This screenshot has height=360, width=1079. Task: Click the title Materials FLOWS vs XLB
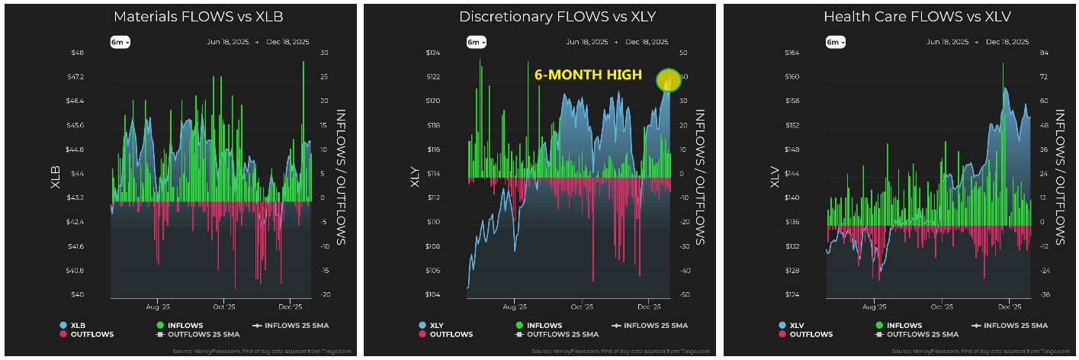pos(198,17)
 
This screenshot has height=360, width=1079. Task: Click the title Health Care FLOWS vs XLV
pos(917,17)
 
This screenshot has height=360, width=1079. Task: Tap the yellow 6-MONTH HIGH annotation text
pos(588,76)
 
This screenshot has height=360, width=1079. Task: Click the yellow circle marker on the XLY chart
pos(670,80)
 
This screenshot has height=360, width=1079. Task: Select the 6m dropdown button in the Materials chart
pos(120,43)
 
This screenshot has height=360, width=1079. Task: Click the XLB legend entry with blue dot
pos(73,326)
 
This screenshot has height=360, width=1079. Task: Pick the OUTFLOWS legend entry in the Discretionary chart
pos(445,334)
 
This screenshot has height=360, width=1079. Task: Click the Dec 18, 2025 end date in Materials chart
pos(288,42)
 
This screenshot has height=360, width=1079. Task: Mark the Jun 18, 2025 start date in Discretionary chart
pos(586,42)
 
